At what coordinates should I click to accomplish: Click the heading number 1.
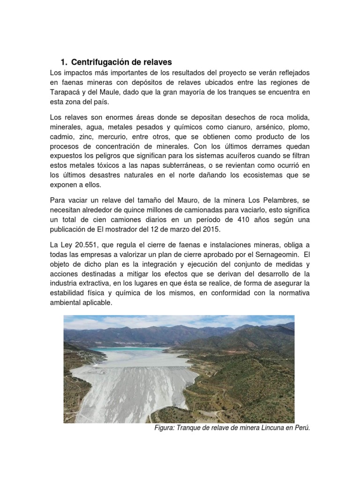pyautogui.click(x=63, y=62)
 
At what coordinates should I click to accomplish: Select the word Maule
pyautogui.click(x=117, y=92)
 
